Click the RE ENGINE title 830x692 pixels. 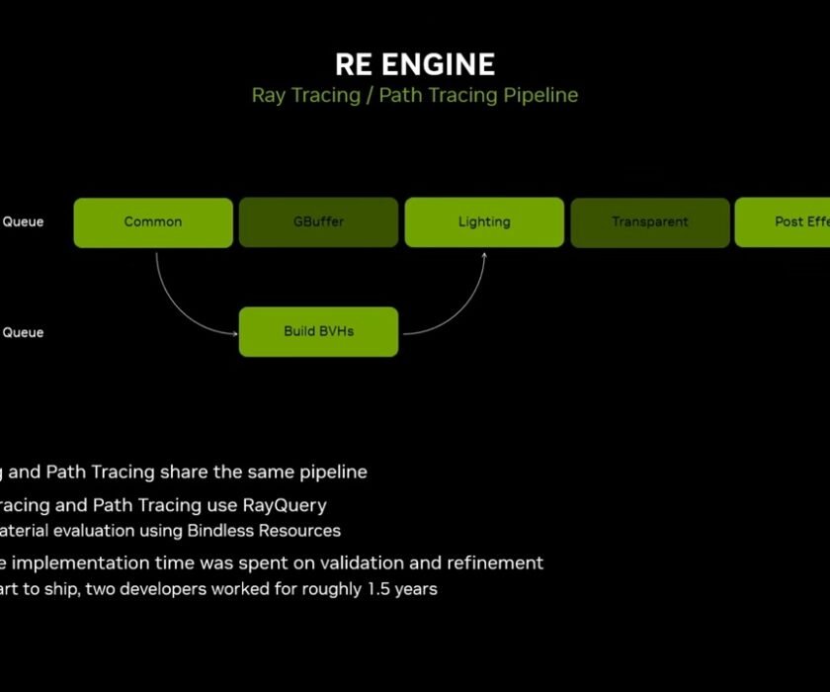415,65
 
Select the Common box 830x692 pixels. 153,222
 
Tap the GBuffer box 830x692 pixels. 318,222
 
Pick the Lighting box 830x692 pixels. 484,222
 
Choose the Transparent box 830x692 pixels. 650,222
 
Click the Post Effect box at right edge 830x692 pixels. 786,222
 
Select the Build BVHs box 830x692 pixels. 318,331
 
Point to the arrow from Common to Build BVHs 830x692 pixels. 178,302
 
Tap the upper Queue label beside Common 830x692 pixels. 23,222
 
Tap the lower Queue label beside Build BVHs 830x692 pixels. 23,333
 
